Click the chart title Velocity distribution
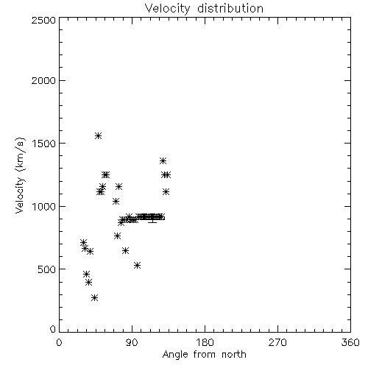tap(204, 9)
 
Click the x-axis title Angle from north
tap(204, 355)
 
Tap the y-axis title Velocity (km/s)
tap(20, 175)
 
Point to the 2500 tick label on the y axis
tap(43, 20)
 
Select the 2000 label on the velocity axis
tap(43, 80)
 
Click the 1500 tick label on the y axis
tap(44, 144)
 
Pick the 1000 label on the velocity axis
tap(44, 206)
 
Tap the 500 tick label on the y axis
tap(47, 269)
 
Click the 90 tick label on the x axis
tap(132, 342)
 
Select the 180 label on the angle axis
tap(205, 342)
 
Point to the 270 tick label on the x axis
tap(277, 342)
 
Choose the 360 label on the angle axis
tap(350, 342)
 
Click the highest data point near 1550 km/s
tap(98, 135)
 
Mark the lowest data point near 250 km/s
tap(94, 298)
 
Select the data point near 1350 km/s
tap(163, 161)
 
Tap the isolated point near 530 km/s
tap(138, 265)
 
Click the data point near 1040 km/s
tap(116, 202)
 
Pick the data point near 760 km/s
tap(117, 236)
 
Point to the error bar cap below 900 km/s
tap(152, 222)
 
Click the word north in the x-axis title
tap(234, 355)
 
